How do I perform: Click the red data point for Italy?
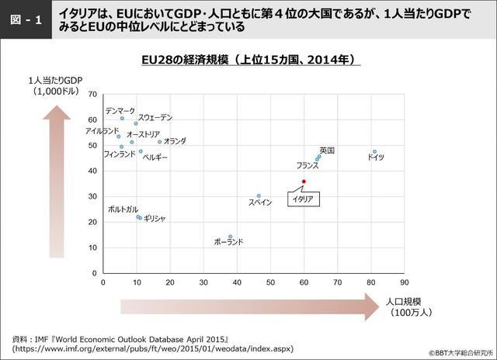coord(304,182)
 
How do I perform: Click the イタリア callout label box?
coord(302,199)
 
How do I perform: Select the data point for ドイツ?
coord(374,152)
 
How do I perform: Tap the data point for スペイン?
coord(259,196)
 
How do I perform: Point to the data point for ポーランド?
coord(230,237)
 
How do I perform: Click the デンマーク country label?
coord(120,110)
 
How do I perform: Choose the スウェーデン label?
coord(155,117)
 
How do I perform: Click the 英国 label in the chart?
coord(327,150)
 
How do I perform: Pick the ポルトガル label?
coord(123,209)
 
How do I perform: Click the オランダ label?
coord(175,141)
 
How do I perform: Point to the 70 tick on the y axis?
coord(93,95)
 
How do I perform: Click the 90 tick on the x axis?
coord(404,283)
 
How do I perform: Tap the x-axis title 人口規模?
coord(403,300)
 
